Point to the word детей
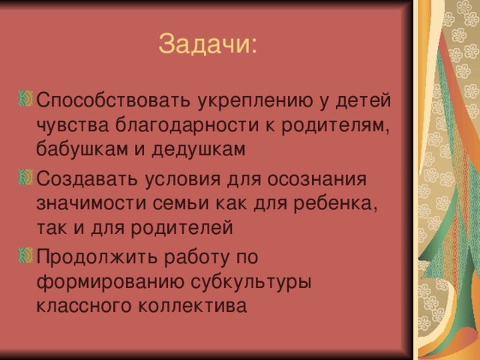click(363, 101)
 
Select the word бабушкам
click(82, 149)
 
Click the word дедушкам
click(199, 149)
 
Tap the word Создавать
click(87, 178)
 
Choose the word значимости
click(91, 204)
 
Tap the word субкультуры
click(251, 282)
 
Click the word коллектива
click(193, 305)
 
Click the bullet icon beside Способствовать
click(25, 98)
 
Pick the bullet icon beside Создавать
click(25, 177)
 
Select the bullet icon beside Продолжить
click(25, 255)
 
